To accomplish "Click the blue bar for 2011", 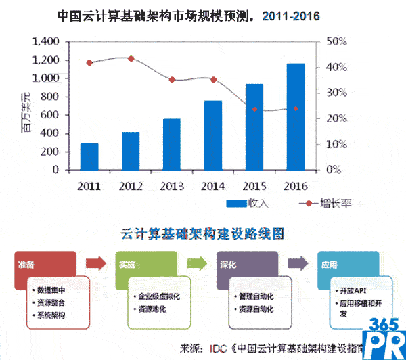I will click(89, 157).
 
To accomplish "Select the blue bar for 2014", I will click(212, 135).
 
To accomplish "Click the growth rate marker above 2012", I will click(131, 59).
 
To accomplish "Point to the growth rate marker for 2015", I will click(254, 109).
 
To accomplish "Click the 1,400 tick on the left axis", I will click(47, 42).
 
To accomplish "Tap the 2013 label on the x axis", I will click(171, 184).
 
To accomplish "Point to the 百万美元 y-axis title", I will click(26, 108).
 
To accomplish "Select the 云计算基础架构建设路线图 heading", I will click(202, 233).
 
